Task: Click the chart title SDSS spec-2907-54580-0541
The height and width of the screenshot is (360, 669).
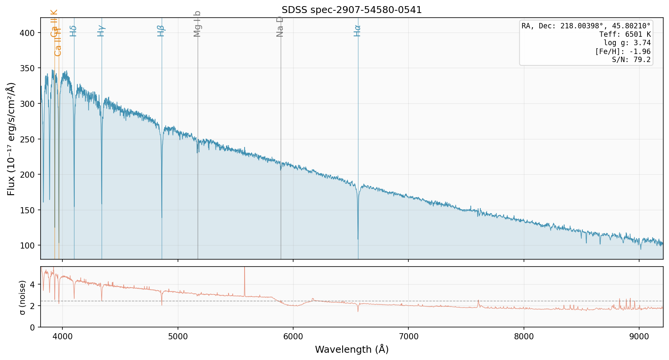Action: pos(351,10)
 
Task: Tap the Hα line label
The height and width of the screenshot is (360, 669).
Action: pos(357,31)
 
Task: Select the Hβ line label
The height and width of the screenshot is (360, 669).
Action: pos(161,31)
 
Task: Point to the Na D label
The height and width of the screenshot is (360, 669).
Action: pos(280,26)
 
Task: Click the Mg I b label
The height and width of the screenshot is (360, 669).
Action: pos(197,24)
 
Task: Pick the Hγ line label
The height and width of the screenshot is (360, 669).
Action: pos(101,31)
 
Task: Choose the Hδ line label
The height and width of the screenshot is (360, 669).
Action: pos(73,31)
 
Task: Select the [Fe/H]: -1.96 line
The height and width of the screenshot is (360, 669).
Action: pos(623,51)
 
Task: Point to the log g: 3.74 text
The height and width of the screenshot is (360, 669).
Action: pos(627,43)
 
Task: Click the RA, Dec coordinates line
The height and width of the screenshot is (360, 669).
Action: pos(586,26)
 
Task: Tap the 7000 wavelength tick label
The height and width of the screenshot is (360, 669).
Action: pos(408,336)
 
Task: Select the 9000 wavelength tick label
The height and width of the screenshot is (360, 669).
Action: pos(639,336)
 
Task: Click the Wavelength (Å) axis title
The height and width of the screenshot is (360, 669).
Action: pos(351,349)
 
